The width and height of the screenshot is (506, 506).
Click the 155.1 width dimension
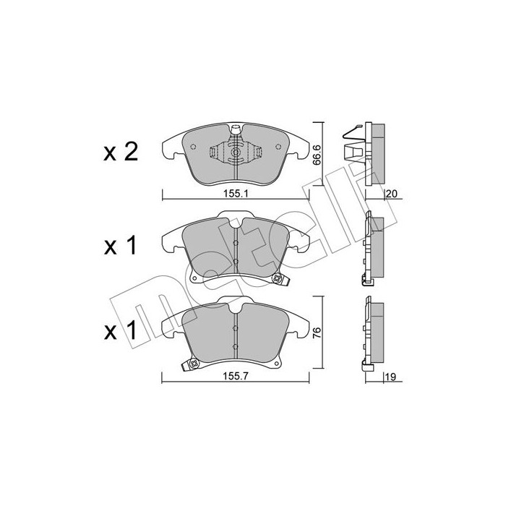click(236, 194)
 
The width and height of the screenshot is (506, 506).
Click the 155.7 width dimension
click(235, 377)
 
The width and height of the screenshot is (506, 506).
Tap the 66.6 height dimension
click(317, 155)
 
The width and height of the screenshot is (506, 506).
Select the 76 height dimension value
click(317, 333)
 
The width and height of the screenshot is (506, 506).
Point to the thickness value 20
click(392, 194)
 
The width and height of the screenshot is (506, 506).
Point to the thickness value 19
click(390, 377)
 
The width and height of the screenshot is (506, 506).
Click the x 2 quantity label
click(121, 153)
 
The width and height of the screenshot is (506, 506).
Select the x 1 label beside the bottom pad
click(121, 330)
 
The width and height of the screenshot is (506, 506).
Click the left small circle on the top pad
click(193, 147)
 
